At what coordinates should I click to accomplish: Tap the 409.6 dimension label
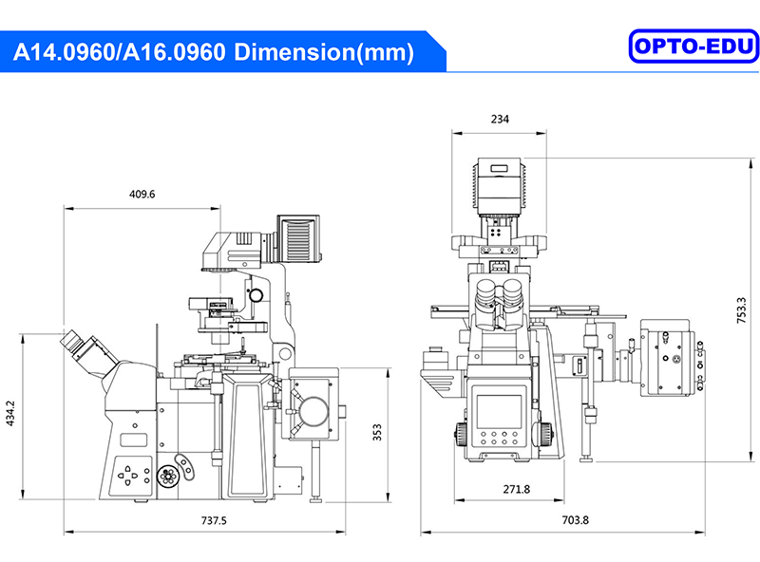142,194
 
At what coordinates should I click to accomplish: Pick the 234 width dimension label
500,119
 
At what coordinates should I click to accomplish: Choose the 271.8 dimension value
515,489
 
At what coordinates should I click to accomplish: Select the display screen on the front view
499,411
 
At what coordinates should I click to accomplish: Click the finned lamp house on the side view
297,237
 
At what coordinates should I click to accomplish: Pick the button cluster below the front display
499,441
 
